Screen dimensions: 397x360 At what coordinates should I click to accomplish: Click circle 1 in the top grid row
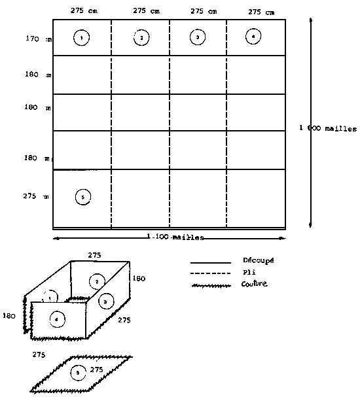point(81,39)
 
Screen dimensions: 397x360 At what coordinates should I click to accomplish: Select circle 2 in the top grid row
point(141,38)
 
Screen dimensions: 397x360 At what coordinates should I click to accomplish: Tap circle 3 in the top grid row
point(197,38)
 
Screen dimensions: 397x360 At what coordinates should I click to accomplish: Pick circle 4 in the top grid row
point(253,37)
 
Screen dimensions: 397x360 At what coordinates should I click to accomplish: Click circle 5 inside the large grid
point(82,196)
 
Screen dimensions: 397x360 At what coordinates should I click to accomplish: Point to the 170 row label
point(31,39)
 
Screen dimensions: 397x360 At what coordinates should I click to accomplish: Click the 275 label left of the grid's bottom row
point(30,196)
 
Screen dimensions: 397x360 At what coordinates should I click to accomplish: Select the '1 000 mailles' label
point(327,129)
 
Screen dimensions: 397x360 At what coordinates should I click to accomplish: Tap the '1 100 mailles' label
point(175,236)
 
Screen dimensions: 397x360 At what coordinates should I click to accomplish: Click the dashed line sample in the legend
point(210,273)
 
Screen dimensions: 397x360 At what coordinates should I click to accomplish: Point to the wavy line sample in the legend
point(210,285)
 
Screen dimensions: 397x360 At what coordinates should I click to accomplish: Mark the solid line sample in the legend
point(210,262)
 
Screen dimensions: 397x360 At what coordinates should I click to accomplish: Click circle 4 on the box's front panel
point(58,319)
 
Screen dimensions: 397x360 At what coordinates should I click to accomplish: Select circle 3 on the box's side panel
point(106,301)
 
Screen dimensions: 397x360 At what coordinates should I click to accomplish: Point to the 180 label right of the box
point(139,278)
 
